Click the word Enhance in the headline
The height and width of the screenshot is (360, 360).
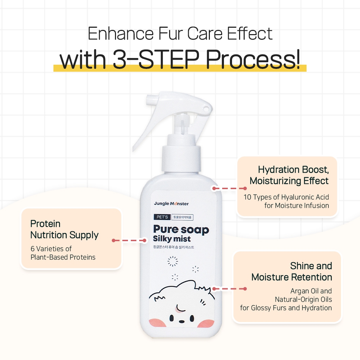[x=121, y=33]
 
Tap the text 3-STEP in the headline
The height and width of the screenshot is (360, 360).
[x=156, y=59]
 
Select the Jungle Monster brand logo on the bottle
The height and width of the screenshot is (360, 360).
[x=171, y=204]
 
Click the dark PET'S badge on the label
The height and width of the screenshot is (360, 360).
[x=162, y=217]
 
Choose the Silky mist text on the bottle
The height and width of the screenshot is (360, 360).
[x=172, y=239]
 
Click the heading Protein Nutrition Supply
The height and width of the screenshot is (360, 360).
[x=64, y=229]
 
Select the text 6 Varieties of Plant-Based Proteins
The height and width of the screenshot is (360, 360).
[x=63, y=253]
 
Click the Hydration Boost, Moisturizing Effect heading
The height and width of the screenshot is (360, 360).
[x=289, y=175]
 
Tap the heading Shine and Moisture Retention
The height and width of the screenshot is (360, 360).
[x=291, y=271]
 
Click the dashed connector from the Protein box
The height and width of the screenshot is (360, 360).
[x=129, y=240]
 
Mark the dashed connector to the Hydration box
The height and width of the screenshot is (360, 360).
[x=230, y=188]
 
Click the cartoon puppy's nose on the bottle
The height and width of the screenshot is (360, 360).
[x=181, y=321]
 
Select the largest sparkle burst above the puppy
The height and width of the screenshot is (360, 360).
[x=173, y=261]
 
